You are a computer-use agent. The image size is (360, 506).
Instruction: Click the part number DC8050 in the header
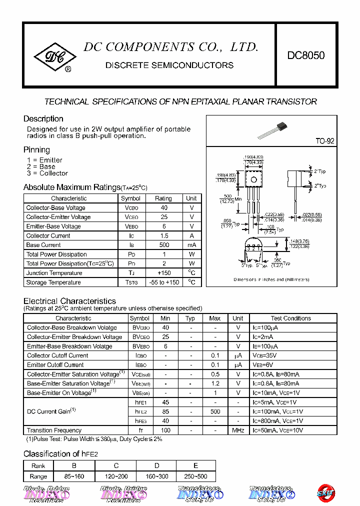click(x=305, y=55)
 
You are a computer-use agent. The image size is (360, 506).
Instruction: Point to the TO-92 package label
click(x=324, y=141)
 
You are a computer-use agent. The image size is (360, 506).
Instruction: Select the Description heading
click(x=43, y=119)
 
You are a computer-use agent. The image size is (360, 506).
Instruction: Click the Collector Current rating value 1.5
click(x=163, y=235)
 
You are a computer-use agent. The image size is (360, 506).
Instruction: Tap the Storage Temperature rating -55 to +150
click(x=163, y=282)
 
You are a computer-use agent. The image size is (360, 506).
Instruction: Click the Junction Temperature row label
click(x=54, y=273)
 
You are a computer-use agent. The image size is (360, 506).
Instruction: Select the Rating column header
click(x=163, y=198)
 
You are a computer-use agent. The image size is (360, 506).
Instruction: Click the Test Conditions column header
click(x=290, y=318)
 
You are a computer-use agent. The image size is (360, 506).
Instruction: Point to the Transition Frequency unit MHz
click(x=238, y=430)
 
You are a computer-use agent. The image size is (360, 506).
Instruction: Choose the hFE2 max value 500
click(x=215, y=411)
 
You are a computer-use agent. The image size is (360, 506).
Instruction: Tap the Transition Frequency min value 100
click(x=165, y=430)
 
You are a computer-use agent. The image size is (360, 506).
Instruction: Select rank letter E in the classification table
click(x=195, y=465)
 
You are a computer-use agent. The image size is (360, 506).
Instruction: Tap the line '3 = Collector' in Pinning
click(x=47, y=173)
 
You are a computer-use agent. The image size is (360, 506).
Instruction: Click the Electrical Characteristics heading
click(x=69, y=301)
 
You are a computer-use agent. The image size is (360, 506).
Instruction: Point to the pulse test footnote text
click(x=94, y=439)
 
